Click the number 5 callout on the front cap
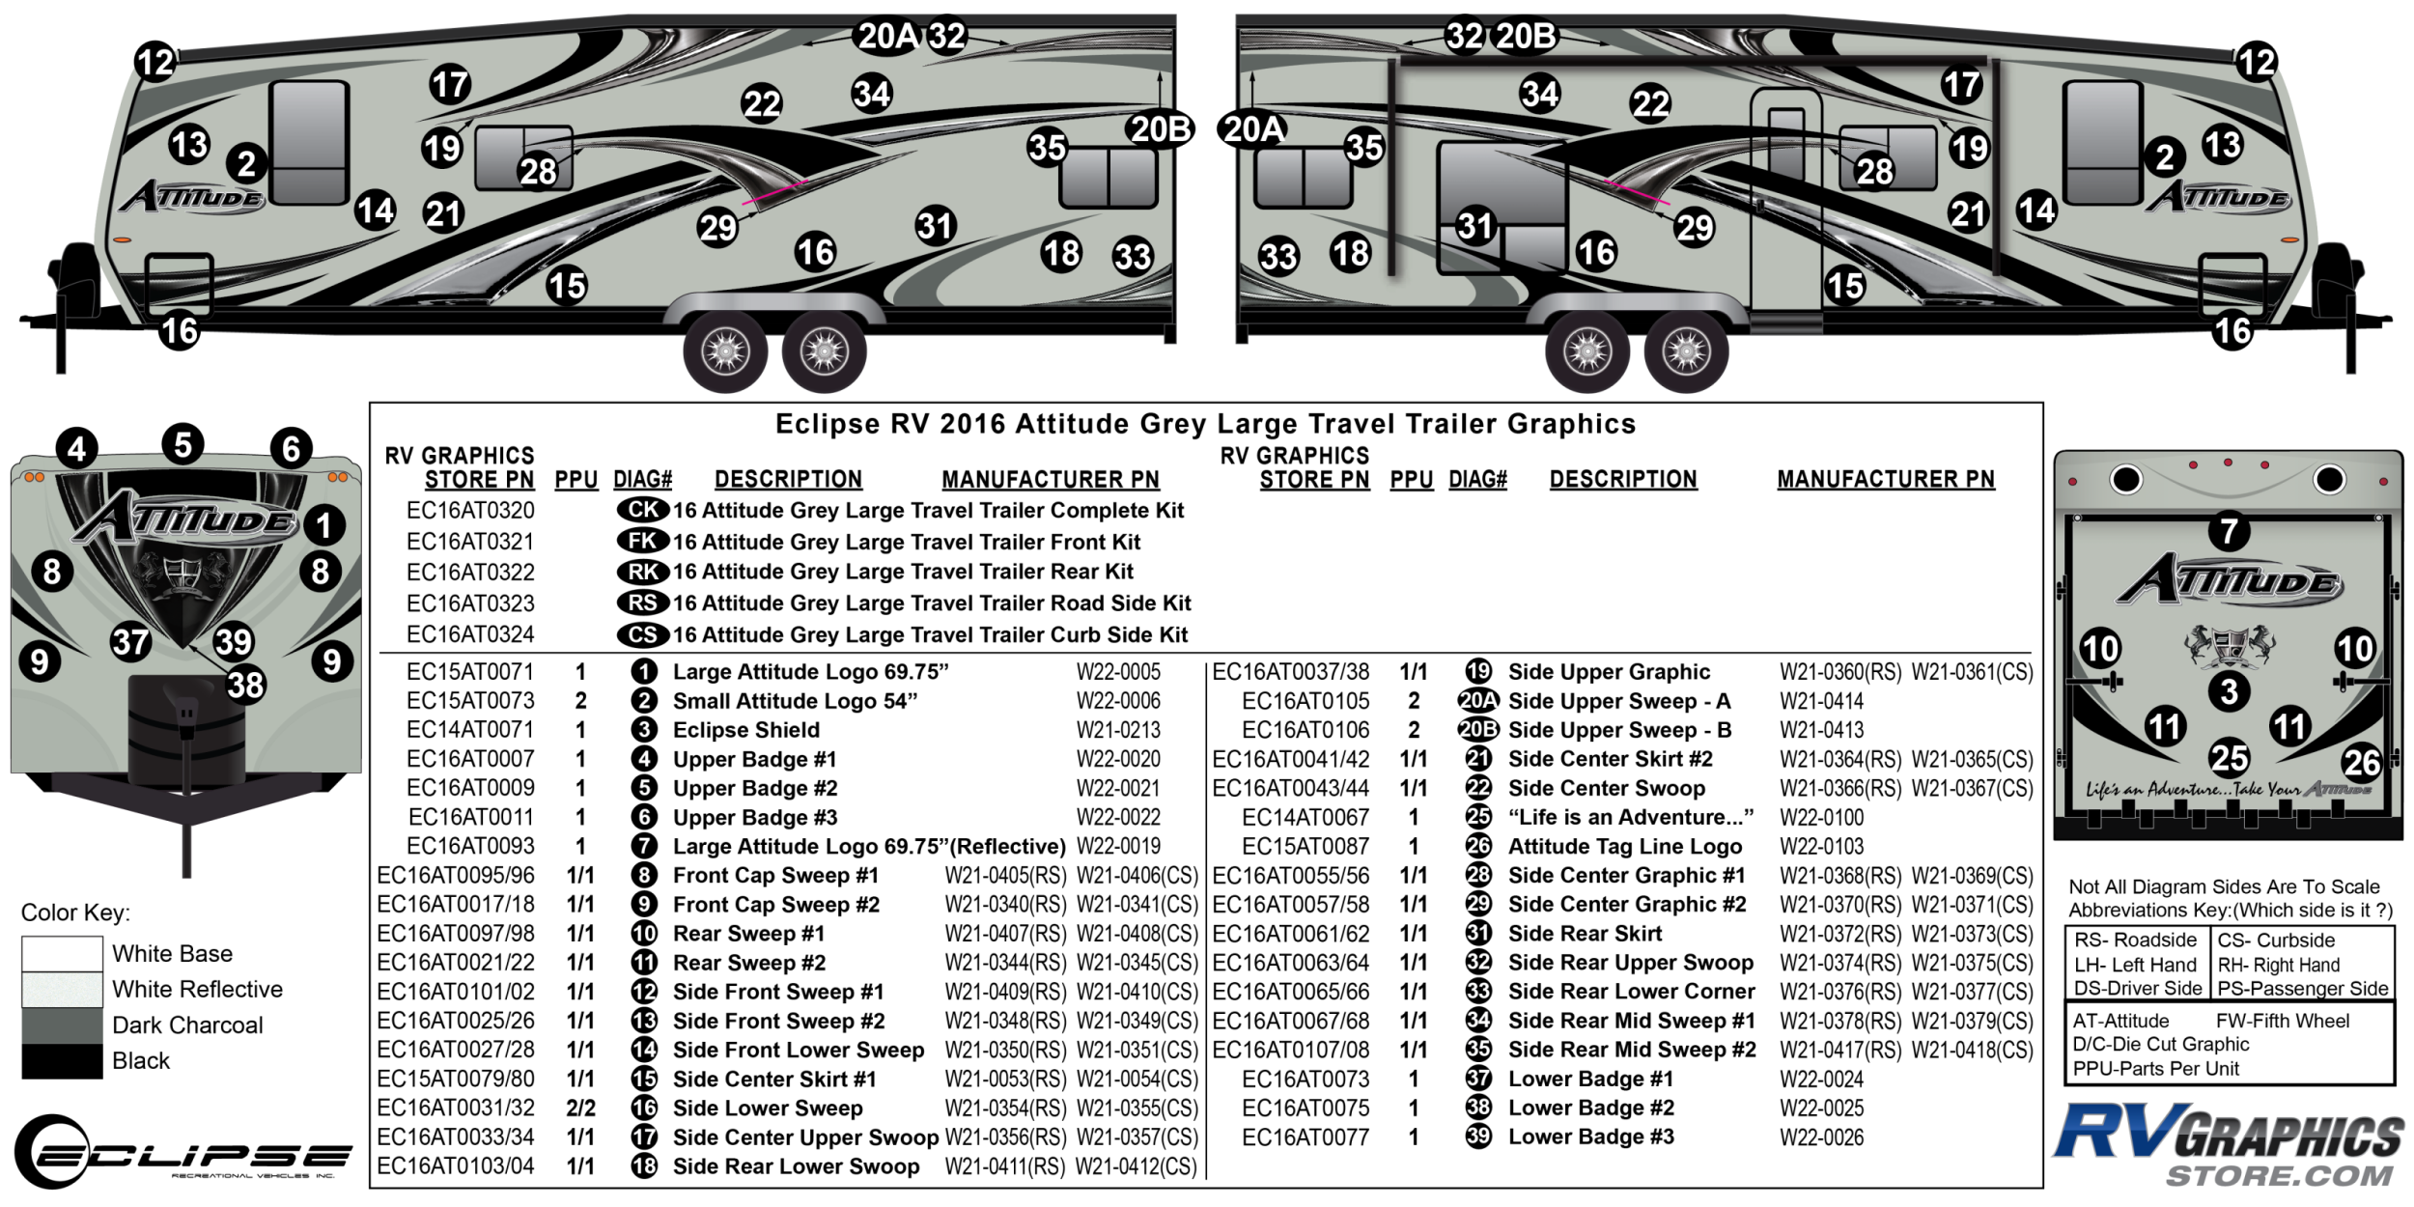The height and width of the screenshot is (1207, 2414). point(182,444)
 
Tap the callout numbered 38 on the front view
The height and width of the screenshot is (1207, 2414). point(245,685)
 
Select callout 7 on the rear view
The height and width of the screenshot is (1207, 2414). point(2229,530)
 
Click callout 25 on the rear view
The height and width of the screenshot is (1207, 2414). point(2229,757)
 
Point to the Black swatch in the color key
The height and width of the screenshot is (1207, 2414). point(62,1060)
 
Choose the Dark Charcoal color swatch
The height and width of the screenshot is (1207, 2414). point(62,1025)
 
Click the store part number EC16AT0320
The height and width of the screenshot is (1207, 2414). point(470,511)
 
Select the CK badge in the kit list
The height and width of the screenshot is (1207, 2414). point(643,510)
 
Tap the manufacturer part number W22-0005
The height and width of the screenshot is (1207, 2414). point(1118,672)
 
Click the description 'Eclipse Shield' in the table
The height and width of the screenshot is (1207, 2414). point(745,730)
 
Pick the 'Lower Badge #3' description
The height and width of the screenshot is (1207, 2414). point(1590,1137)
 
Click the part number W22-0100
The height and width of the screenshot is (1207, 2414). point(1821,818)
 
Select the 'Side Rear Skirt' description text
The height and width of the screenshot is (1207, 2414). point(1585,934)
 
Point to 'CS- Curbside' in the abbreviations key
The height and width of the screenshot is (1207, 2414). point(2275,940)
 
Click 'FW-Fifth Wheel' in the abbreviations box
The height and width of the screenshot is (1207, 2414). point(2282,1021)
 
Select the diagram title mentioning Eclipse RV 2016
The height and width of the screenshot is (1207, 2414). point(1205,424)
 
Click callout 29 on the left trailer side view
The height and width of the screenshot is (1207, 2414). point(717,228)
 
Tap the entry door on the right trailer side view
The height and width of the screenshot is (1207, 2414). point(1786,208)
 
